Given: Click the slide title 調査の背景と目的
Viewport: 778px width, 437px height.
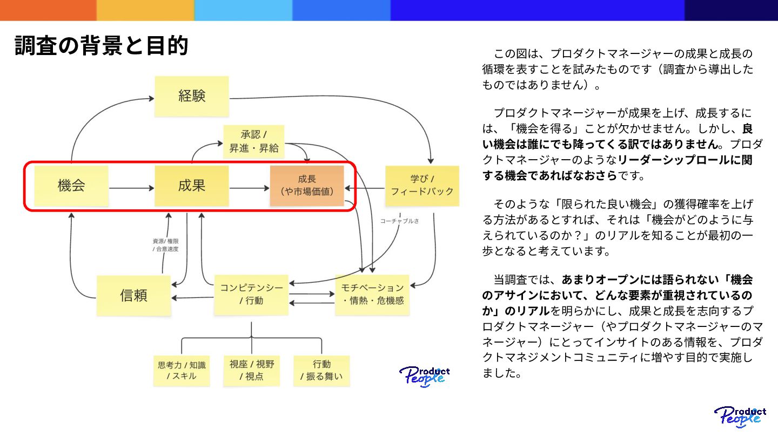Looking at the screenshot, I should [x=102, y=46].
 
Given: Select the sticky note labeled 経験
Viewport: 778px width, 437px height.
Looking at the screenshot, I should [x=192, y=96].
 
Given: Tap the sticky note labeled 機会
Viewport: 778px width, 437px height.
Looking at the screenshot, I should [x=71, y=186].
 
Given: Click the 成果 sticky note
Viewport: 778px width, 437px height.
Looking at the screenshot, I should [x=192, y=186].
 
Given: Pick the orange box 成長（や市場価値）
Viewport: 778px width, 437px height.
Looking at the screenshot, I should [x=307, y=186].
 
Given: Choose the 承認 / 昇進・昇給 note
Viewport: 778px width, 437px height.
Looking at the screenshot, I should [x=253, y=142].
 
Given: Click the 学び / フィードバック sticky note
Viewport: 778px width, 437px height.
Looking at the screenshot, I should [x=422, y=186].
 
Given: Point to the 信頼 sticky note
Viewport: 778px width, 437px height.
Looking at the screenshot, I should [x=134, y=296].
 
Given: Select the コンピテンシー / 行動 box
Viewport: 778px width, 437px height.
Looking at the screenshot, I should [x=251, y=295].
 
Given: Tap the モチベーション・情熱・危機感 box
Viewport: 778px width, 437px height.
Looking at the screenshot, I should [x=372, y=295].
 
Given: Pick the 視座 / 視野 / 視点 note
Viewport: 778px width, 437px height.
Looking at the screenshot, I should [x=252, y=370].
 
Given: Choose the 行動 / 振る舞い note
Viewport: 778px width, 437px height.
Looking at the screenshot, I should [x=321, y=370].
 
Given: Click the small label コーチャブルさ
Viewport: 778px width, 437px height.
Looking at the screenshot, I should [x=399, y=221].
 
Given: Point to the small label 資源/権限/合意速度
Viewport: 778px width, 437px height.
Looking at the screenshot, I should [x=165, y=245].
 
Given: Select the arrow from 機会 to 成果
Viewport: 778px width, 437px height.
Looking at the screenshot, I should [x=132, y=188].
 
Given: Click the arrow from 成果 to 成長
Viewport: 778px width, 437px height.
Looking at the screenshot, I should [x=249, y=188].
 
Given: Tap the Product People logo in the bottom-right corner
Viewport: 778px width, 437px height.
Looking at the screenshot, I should [x=740, y=417].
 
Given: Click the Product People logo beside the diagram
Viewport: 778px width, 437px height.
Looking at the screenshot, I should [x=425, y=375].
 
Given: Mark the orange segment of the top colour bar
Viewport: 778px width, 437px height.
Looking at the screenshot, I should [x=48, y=10].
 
